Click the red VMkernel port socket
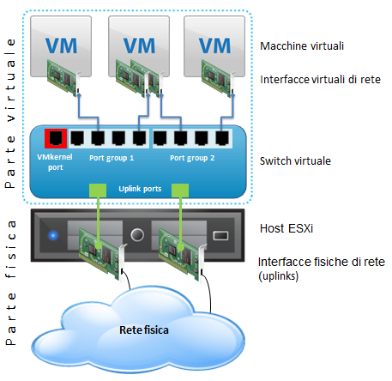pos(56,138)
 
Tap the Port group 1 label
pos(112,158)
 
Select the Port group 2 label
pos(192,158)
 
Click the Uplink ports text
pos(140,189)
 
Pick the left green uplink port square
pos(98,190)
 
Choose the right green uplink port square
pos(180,190)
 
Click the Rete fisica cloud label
pos(144,330)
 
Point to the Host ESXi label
pos(286,228)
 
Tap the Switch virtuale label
pos(295,161)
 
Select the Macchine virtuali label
pos(302,46)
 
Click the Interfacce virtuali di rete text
pos(320,80)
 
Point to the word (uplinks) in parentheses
pos(279,276)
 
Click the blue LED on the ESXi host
pos(53,235)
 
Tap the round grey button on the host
pos(137,235)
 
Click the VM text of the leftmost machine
pos(61,45)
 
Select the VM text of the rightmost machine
pos(214,45)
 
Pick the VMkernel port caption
pos(55,162)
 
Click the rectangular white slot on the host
pos(220,236)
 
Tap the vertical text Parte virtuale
pos(10,113)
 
